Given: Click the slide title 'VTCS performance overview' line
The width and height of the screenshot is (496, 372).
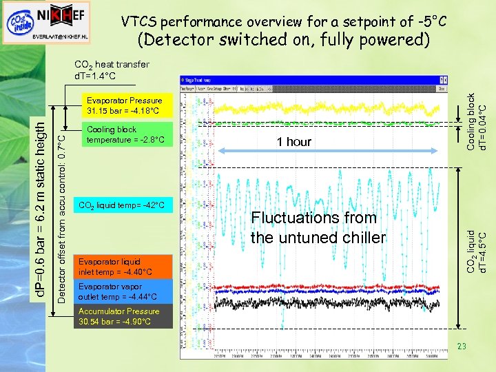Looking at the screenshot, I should [284, 23].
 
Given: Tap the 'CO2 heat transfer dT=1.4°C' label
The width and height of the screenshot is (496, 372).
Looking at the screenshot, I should [111, 70].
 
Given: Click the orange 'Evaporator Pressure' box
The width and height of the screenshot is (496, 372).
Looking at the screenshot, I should [125, 105].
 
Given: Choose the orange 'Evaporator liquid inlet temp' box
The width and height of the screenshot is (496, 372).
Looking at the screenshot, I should [125, 267].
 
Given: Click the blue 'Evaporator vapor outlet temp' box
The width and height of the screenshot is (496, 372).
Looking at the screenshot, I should [125, 291].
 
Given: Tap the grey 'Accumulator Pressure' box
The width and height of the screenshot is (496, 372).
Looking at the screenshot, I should [125, 316].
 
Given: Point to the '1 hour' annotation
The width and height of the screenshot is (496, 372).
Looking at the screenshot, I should [294, 142].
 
